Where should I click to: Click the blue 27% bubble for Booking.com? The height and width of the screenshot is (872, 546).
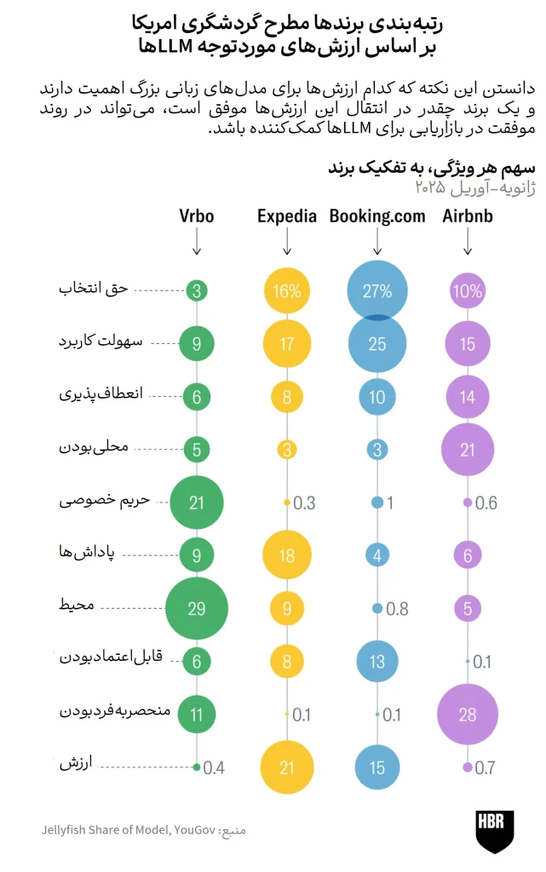[x=377, y=291]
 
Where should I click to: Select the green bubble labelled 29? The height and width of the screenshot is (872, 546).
[x=196, y=608]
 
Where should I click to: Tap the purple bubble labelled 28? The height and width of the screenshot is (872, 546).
[x=468, y=714]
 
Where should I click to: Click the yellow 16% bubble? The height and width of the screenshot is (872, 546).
[x=287, y=291]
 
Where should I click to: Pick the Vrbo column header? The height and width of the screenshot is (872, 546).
[x=196, y=215]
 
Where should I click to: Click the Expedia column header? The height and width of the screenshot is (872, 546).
[x=287, y=216]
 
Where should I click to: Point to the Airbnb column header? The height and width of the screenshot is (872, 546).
[x=468, y=215]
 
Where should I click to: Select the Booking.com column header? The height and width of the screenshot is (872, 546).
[x=377, y=216]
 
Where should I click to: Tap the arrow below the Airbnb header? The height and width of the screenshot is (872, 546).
[x=468, y=242]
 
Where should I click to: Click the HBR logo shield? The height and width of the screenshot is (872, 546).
[x=494, y=831]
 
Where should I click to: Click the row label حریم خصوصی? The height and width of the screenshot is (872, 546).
[x=105, y=501]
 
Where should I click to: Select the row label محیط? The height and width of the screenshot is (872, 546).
[x=77, y=605]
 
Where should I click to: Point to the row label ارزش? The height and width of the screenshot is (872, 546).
[x=76, y=763]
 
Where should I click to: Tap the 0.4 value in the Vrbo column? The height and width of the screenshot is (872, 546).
[x=214, y=768]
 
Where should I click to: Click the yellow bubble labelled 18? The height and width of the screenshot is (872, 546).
[x=287, y=555]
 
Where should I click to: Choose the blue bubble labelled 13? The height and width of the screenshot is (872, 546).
[x=377, y=661]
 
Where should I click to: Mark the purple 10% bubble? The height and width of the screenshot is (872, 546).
[x=468, y=291]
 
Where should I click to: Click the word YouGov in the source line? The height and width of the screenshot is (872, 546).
[x=194, y=829]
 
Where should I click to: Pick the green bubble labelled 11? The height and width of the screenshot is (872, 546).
[x=196, y=714]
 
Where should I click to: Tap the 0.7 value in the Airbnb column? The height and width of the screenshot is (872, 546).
[x=485, y=768]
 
